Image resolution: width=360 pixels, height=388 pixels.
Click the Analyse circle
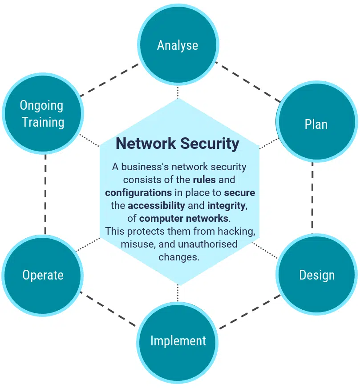point(178,45)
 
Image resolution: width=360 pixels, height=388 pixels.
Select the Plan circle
point(316,124)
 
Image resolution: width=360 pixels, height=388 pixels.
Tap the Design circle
point(316,275)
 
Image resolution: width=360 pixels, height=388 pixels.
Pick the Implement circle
point(178,341)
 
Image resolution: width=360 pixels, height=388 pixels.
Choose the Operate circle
point(43,275)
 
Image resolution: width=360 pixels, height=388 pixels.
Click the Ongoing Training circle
point(43,114)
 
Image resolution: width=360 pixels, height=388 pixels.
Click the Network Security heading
point(178,144)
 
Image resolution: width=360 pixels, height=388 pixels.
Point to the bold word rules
point(205,180)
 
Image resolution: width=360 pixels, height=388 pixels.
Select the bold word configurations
point(138,193)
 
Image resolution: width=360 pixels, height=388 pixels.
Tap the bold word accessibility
point(156,206)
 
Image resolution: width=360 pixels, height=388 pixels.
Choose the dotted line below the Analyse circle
point(178,92)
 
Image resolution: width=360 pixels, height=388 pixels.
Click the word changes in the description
point(178,257)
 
